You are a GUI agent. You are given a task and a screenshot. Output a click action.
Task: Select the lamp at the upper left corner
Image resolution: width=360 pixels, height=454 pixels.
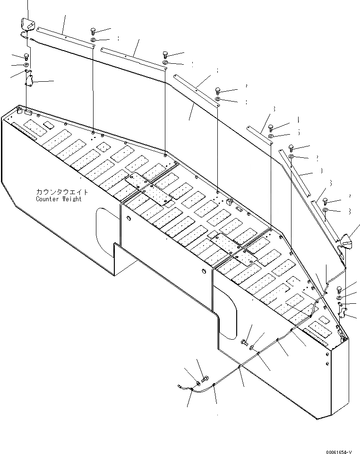[28, 24]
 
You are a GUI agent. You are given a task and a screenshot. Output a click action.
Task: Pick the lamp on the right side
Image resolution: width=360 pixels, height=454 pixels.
[349, 240]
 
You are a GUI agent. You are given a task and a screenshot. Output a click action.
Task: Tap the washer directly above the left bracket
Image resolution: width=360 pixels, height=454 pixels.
[26, 64]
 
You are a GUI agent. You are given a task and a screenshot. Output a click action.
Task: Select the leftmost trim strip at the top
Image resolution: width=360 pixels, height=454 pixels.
[65, 36]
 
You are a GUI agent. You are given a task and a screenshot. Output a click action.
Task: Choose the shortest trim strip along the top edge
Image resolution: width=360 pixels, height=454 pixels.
[259, 135]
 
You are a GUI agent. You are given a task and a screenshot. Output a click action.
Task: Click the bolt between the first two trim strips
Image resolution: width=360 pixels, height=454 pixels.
[93, 32]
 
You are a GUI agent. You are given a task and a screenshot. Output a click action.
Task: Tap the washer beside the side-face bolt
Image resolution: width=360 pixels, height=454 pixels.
[253, 348]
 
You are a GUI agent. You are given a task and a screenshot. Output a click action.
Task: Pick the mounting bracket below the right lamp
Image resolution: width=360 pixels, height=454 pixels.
[344, 312]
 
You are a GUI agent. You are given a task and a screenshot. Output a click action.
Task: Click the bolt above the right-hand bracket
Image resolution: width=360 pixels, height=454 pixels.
[340, 289]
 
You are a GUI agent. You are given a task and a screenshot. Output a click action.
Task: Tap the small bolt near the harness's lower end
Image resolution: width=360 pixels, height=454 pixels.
[205, 378]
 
